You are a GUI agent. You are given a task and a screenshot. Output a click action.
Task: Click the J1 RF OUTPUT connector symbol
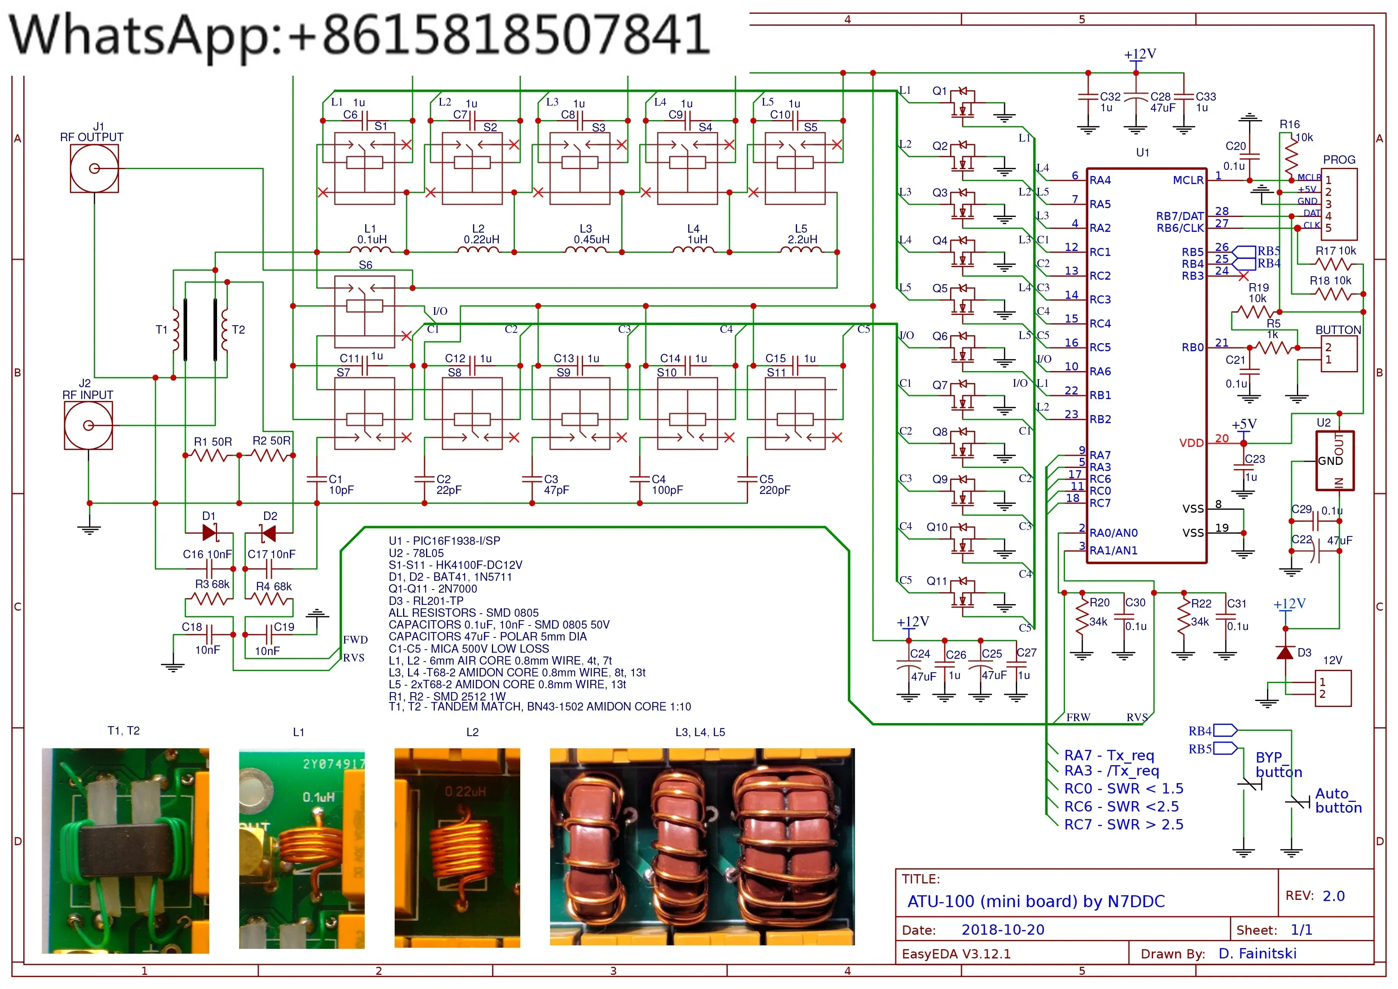pos(95,169)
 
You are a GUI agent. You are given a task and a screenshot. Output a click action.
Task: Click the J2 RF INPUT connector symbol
pos(88,425)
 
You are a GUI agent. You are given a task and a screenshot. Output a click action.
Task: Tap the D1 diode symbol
pos(209,533)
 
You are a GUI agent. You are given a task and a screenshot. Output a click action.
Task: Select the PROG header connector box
pos(1339,204)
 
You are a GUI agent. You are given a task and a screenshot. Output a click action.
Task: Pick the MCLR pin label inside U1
pos(1188,180)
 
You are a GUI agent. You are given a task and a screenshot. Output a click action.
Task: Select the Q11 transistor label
pos(936,581)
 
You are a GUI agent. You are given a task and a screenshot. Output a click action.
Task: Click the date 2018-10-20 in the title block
pos(1002,930)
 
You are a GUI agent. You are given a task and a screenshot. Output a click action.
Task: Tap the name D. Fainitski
pos(1257,954)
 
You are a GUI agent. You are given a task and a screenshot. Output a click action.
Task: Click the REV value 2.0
pos(1333,896)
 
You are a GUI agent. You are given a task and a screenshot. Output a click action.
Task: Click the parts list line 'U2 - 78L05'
pos(416,553)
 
